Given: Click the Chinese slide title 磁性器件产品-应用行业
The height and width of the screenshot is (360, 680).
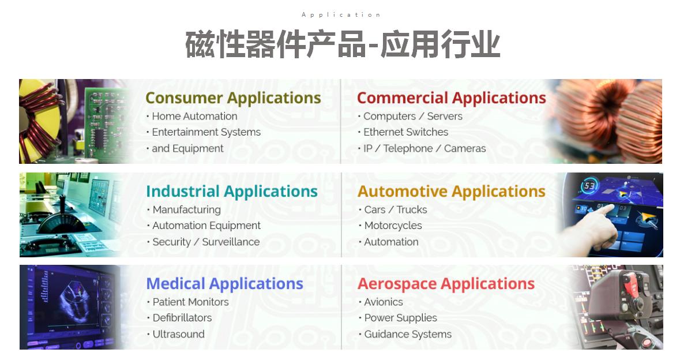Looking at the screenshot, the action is coord(343,44).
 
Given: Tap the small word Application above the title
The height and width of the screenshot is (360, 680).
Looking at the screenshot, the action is coord(341,15).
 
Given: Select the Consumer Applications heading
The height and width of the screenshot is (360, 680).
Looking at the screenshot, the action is coord(234,98).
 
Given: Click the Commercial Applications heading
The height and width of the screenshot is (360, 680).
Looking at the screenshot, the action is coord(452,98).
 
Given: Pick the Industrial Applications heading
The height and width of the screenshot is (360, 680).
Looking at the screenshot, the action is coord(232,192).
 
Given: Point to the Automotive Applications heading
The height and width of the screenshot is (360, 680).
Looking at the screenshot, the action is coord(452,192).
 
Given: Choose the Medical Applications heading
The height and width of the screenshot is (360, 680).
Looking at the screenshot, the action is coord(224,284).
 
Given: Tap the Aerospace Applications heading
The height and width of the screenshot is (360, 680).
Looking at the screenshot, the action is coord(446,284).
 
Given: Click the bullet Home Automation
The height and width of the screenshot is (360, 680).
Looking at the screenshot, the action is coord(194,116).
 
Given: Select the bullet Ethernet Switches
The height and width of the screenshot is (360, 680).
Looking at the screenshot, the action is coord(405,132).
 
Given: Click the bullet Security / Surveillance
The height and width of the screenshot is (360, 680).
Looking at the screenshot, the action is coord(206,242).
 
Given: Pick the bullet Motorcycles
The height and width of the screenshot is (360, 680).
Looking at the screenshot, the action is coord(393,226).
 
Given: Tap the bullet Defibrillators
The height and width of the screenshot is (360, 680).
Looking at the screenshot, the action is coord(182,318).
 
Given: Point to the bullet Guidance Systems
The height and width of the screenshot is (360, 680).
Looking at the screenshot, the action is coord(408,335).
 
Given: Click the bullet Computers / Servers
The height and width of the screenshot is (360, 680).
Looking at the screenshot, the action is coord(413,116).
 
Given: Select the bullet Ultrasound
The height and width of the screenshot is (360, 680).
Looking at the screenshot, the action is coord(178,335).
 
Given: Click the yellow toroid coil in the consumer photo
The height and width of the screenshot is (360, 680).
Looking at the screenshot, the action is coord(40,122).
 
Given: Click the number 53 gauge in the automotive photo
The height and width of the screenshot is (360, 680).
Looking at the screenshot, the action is coord(589,186).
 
